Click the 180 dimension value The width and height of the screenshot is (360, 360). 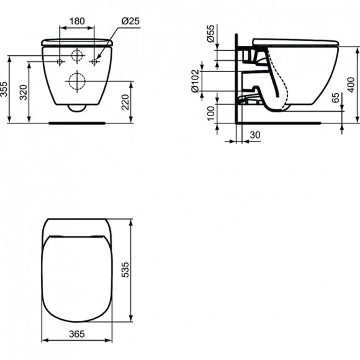click(77, 21)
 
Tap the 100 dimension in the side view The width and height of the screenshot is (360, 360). click(210, 113)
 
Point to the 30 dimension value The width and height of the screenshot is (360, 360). click(254, 134)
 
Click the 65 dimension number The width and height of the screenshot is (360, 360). click(336, 97)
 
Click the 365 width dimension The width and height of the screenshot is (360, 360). click(77, 334)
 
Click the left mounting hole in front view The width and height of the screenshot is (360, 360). click(60, 61)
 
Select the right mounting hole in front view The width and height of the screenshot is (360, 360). click(94, 61)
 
